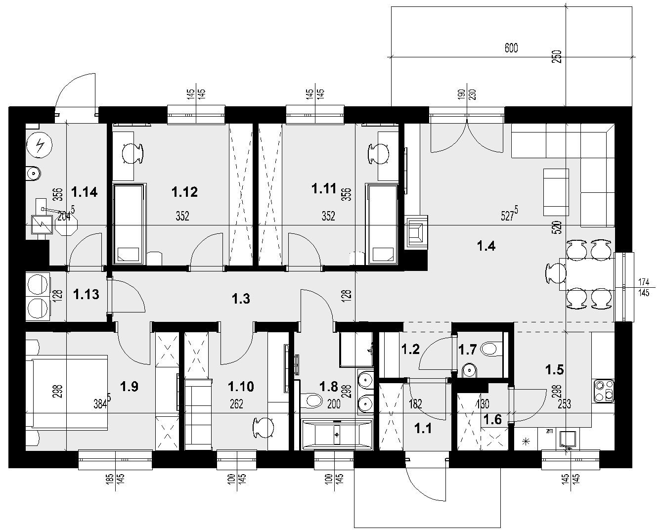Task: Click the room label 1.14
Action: point(84,192)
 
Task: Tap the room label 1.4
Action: point(486,246)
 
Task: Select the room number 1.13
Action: point(86,294)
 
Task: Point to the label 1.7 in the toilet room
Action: point(468,350)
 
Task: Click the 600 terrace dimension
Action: point(511,48)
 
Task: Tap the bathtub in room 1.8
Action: point(338,435)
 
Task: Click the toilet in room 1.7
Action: point(489,349)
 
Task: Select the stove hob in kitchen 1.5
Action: point(604,391)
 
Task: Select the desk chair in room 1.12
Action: point(133,154)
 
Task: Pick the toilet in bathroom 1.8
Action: point(311,400)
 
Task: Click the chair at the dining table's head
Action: point(556,273)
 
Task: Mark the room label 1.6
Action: point(493,419)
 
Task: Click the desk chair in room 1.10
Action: point(264,427)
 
